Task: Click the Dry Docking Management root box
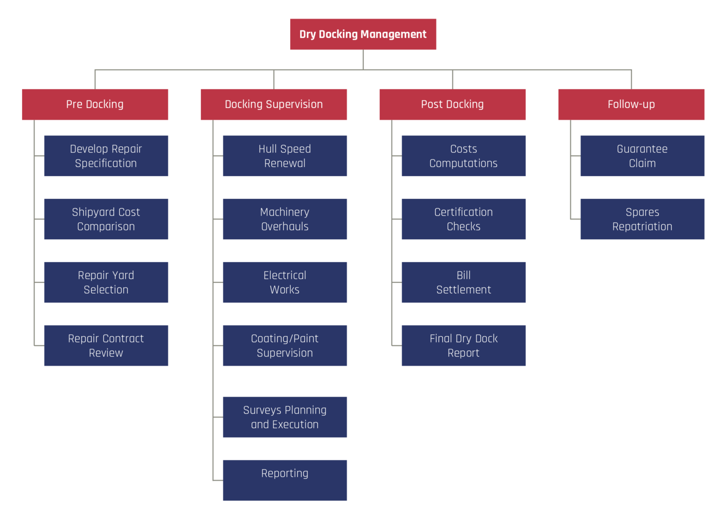(363, 34)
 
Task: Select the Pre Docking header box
(95, 104)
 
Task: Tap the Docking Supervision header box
(274, 104)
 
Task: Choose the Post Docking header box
(453, 104)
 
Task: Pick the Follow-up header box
(631, 104)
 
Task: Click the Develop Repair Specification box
(106, 156)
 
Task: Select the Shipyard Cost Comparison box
(106, 219)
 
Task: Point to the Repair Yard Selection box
(106, 282)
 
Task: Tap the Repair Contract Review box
(106, 346)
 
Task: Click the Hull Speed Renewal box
(285, 156)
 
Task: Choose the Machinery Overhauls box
(285, 219)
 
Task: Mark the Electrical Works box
(285, 282)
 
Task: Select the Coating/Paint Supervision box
(285, 346)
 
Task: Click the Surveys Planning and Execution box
(285, 417)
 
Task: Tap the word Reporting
(285, 474)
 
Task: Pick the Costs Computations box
(464, 156)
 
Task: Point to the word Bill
(464, 275)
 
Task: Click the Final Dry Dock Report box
(464, 346)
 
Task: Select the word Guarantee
(642, 149)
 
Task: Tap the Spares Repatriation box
(642, 219)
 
